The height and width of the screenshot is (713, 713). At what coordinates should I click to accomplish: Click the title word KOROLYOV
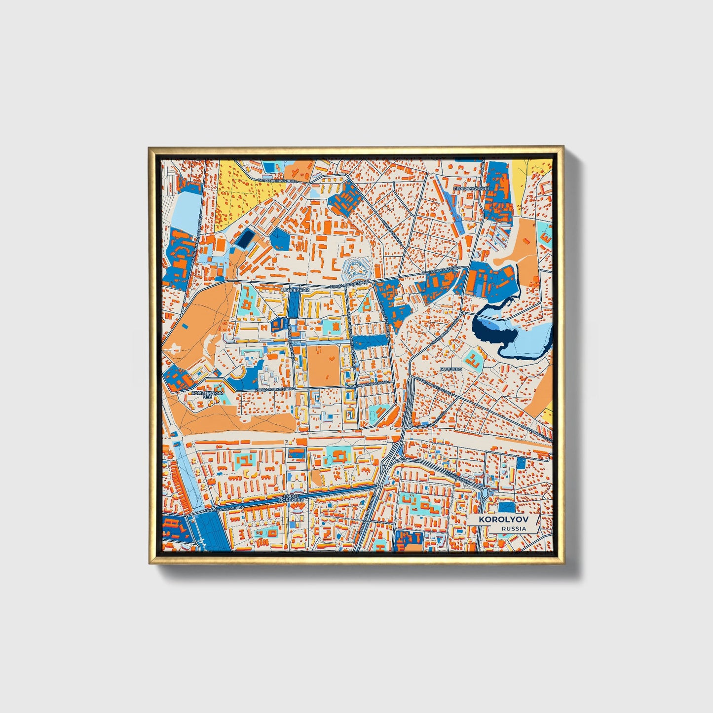click(502, 520)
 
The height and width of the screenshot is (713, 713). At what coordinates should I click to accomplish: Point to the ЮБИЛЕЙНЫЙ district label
click(294, 291)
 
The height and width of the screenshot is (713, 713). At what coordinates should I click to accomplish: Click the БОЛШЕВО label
click(451, 369)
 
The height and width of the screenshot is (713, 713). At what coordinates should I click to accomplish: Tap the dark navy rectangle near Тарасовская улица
click(244, 239)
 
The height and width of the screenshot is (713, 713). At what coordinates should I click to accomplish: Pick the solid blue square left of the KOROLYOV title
click(506, 507)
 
